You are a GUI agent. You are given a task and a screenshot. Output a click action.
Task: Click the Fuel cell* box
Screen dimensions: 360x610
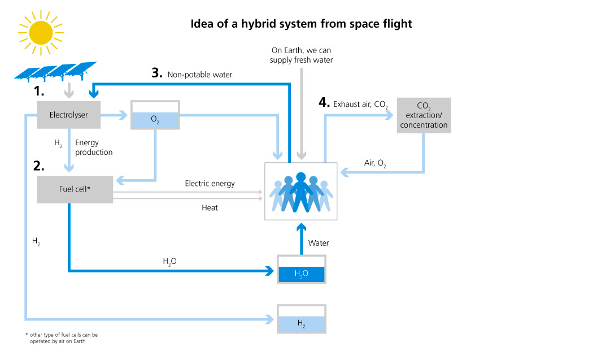point(75,189)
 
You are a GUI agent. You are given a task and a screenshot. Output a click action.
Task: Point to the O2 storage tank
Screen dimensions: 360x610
point(155,116)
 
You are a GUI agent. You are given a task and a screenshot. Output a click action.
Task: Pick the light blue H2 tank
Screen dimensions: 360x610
point(301,321)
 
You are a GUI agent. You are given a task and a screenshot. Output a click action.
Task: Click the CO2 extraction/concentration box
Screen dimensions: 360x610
point(424,116)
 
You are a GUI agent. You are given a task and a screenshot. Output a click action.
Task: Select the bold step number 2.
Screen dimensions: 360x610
point(38,166)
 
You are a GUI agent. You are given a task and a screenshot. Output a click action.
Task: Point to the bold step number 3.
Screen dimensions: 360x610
point(156,73)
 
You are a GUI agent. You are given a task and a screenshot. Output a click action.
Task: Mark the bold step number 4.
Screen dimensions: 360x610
point(324,102)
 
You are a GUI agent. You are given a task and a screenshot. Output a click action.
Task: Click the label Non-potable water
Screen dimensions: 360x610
point(199,74)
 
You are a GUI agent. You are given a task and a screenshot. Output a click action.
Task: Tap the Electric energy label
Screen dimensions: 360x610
point(210,184)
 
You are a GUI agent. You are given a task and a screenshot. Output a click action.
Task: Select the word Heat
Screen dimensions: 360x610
point(210,208)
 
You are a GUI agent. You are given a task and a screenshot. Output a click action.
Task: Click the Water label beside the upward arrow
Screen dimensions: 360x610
point(319,243)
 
